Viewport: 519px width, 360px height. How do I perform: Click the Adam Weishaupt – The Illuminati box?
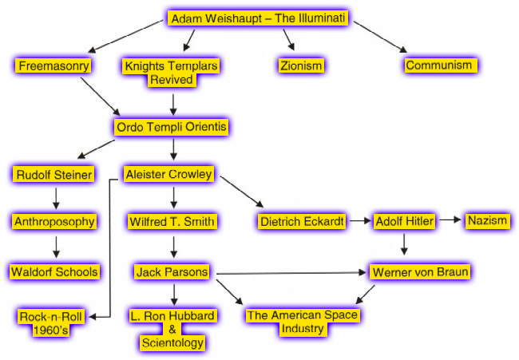258,18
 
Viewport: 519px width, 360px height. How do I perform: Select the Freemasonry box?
53,65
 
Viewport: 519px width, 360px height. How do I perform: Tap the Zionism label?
301,65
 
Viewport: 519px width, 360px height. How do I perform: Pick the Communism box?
441,65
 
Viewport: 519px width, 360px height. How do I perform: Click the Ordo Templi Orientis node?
171,127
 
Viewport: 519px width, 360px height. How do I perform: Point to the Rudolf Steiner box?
53,174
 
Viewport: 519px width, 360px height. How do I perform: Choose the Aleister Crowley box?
168,174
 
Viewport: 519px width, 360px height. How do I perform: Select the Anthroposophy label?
54,221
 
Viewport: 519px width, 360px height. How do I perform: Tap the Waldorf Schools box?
54,271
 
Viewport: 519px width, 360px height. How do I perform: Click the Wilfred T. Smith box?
172,221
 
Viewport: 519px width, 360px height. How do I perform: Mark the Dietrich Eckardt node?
302,221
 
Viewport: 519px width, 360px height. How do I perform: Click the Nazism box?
488,220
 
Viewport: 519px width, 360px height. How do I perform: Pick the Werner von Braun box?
420,271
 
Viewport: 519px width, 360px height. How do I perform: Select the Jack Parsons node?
172,271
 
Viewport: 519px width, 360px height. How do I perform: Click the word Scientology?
172,342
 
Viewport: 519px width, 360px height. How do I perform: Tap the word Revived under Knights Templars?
172,80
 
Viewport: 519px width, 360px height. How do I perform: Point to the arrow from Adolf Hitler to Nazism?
450,220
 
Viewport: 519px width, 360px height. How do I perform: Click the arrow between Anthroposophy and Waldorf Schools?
56,247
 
